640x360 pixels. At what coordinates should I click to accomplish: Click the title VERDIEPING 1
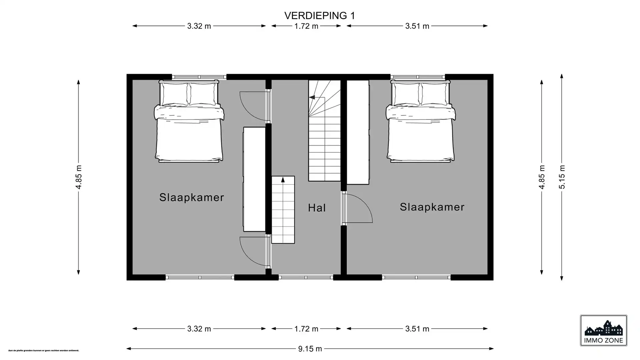click(319, 16)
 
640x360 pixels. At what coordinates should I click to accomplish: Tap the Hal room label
click(317, 208)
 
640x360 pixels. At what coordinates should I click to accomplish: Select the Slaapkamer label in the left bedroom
click(192, 197)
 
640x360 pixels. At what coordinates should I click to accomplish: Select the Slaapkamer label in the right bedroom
click(432, 207)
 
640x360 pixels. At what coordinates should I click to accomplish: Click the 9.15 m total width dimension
click(310, 349)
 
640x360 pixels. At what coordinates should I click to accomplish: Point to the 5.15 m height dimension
click(562, 177)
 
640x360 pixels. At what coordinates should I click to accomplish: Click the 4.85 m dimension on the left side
click(79, 177)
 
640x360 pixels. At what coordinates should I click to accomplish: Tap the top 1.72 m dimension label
click(306, 26)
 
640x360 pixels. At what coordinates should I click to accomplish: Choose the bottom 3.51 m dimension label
click(417, 329)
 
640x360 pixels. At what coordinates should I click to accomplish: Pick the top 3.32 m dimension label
click(199, 26)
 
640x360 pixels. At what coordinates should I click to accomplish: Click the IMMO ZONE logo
click(603, 331)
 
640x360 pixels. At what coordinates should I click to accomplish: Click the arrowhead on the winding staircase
click(312, 97)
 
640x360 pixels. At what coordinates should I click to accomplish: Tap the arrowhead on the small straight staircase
click(283, 180)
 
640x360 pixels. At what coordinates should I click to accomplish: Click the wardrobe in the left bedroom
click(254, 179)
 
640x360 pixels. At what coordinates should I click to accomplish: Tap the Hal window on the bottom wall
click(306, 277)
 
